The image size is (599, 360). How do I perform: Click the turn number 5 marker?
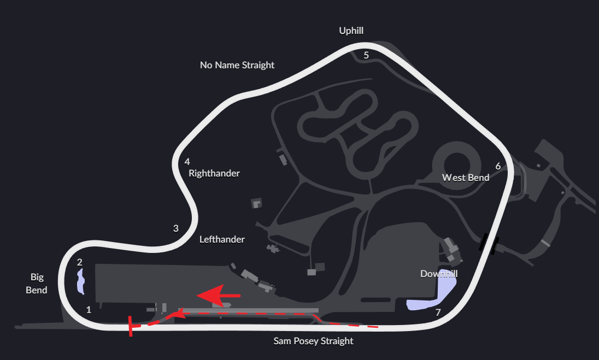[x=366, y=55]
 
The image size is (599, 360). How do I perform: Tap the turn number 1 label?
[x=89, y=309]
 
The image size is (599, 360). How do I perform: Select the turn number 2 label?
[x=79, y=262]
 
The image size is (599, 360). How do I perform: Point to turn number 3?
[x=176, y=228]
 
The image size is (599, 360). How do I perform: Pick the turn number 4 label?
[x=187, y=162]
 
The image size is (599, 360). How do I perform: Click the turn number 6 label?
[x=498, y=166]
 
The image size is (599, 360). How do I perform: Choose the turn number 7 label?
[x=437, y=312]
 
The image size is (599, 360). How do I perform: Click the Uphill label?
[x=351, y=31]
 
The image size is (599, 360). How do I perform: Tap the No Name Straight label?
[x=237, y=65]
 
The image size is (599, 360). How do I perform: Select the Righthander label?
[x=214, y=173]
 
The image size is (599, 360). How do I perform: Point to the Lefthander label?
[x=222, y=239]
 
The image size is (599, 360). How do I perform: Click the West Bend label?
[x=466, y=178]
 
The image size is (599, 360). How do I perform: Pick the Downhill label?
[x=438, y=274]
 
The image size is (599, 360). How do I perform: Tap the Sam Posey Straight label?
[x=313, y=341]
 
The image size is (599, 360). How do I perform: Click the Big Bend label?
[x=37, y=284]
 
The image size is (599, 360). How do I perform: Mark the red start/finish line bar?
[x=130, y=326]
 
